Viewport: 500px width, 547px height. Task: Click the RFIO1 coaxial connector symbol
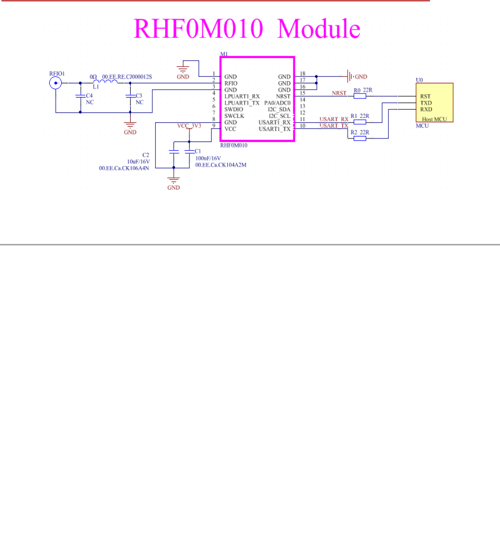pos(55,84)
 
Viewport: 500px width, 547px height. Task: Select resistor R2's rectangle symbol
pos(359,138)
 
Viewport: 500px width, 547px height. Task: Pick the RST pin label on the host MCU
pos(425,97)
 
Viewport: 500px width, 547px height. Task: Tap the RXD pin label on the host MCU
pos(426,109)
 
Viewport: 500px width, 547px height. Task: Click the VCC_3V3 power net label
pos(189,126)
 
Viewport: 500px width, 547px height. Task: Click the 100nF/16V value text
pos(208,158)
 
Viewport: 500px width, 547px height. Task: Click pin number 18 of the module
pos(302,74)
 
